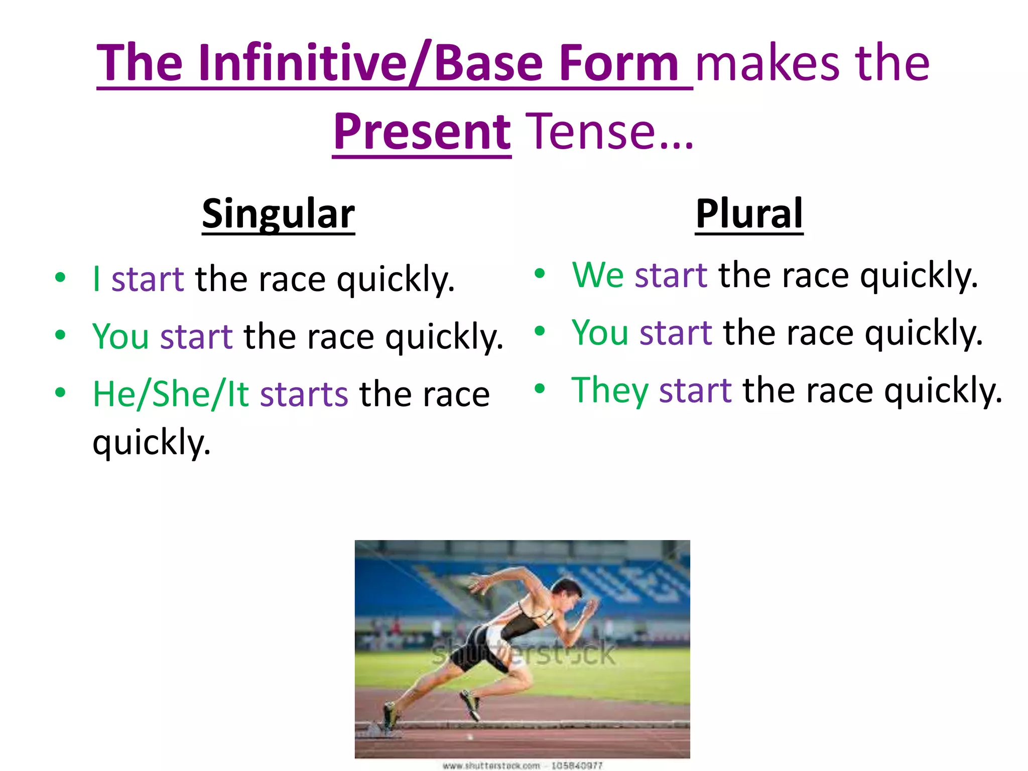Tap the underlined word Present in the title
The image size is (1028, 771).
(x=422, y=132)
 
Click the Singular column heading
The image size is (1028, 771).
(x=278, y=214)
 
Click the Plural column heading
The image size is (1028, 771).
(x=749, y=214)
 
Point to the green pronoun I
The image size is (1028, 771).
(x=96, y=279)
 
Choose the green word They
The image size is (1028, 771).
(x=609, y=391)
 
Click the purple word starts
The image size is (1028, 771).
(x=304, y=395)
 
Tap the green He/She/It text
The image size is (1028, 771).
(x=171, y=395)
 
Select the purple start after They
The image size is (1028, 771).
(x=695, y=391)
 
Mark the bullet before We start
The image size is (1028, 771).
(x=540, y=274)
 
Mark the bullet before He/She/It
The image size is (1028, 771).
(x=60, y=393)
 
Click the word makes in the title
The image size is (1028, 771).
(x=768, y=63)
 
